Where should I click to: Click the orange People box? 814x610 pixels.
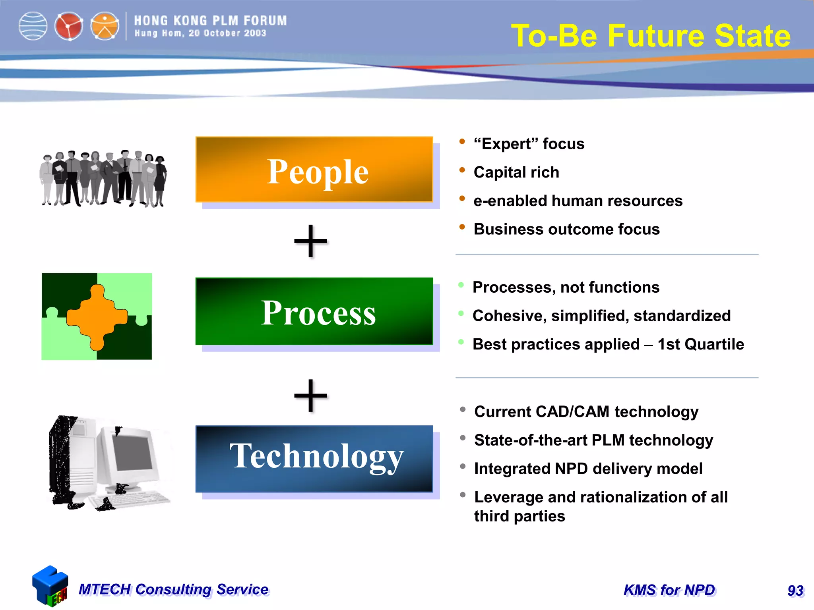pyautogui.click(x=314, y=170)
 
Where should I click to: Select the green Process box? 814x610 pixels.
pyautogui.click(x=314, y=311)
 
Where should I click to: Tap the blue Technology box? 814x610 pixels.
pyautogui.click(x=314, y=459)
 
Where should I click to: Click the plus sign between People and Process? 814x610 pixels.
pyautogui.click(x=310, y=241)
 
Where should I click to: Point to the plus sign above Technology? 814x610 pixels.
pyautogui.click(x=310, y=396)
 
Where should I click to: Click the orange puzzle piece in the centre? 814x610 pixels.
pyautogui.click(x=97, y=317)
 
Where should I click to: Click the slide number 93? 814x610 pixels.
pyautogui.click(x=795, y=591)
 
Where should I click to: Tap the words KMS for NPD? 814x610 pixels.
pyautogui.click(x=669, y=590)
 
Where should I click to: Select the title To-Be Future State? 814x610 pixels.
pyautogui.click(x=651, y=36)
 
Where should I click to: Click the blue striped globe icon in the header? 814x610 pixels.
pyautogui.click(x=33, y=26)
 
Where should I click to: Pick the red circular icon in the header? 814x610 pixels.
pyautogui.click(x=69, y=26)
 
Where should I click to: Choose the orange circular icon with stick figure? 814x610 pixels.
pyautogui.click(x=105, y=26)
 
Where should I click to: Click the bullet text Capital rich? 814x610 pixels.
pyautogui.click(x=516, y=172)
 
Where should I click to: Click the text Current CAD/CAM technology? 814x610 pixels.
pyautogui.click(x=586, y=412)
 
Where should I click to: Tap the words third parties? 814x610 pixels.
pyautogui.click(x=519, y=516)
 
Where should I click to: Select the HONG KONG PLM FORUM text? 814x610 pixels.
pyautogui.click(x=210, y=21)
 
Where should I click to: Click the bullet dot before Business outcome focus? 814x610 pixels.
pyautogui.click(x=462, y=227)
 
